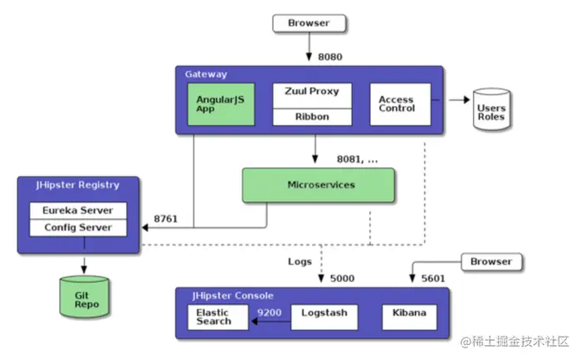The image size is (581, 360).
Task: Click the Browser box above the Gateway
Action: coord(309,23)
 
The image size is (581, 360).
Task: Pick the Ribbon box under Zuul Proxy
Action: coord(312,116)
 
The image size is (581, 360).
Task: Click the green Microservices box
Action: coord(319,185)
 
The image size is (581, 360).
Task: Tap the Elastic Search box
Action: coord(217,316)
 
